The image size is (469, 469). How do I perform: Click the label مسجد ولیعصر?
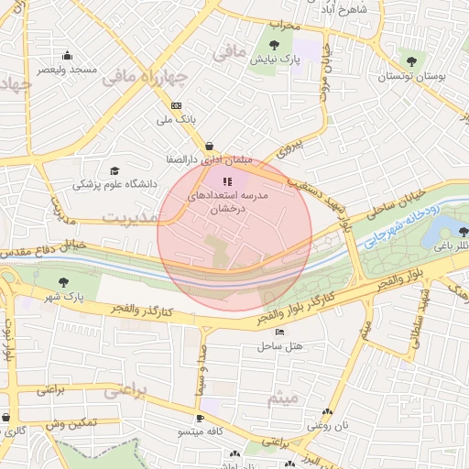coord(68,70)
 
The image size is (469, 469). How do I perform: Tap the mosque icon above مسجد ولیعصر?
coord(66,54)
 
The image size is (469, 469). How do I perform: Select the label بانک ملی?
coord(178,120)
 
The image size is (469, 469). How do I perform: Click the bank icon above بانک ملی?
coord(177,105)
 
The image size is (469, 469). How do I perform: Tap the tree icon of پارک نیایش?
coord(276,43)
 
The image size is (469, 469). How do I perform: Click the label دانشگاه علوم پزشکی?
coord(115,184)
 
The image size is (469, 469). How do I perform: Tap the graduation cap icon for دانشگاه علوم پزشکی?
coord(115,170)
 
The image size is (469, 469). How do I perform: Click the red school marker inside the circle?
coord(227,181)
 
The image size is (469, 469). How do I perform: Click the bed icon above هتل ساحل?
coord(278,332)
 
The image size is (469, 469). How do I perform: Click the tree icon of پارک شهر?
coord(63,282)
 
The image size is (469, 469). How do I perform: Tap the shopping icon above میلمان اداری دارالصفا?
coord(210,145)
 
